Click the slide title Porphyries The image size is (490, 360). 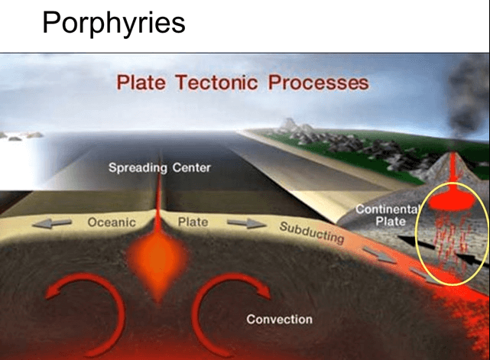[x=114, y=23]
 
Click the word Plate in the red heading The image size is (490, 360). [x=141, y=83]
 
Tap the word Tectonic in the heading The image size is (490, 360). [x=216, y=83]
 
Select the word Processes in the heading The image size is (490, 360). [x=319, y=83]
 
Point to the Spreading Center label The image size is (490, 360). [x=159, y=168]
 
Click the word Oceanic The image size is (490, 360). [x=112, y=222]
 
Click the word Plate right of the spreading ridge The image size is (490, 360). [x=193, y=222]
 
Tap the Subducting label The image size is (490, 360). [x=312, y=232]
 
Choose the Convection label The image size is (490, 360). [x=279, y=319]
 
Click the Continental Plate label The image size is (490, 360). [x=388, y=215]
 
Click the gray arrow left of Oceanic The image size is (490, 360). [x=52, y=223]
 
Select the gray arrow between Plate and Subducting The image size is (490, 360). [x=247, y=223]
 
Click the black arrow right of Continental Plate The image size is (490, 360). [x=417, y=242]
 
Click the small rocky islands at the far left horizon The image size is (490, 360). [x=22, y=135]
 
